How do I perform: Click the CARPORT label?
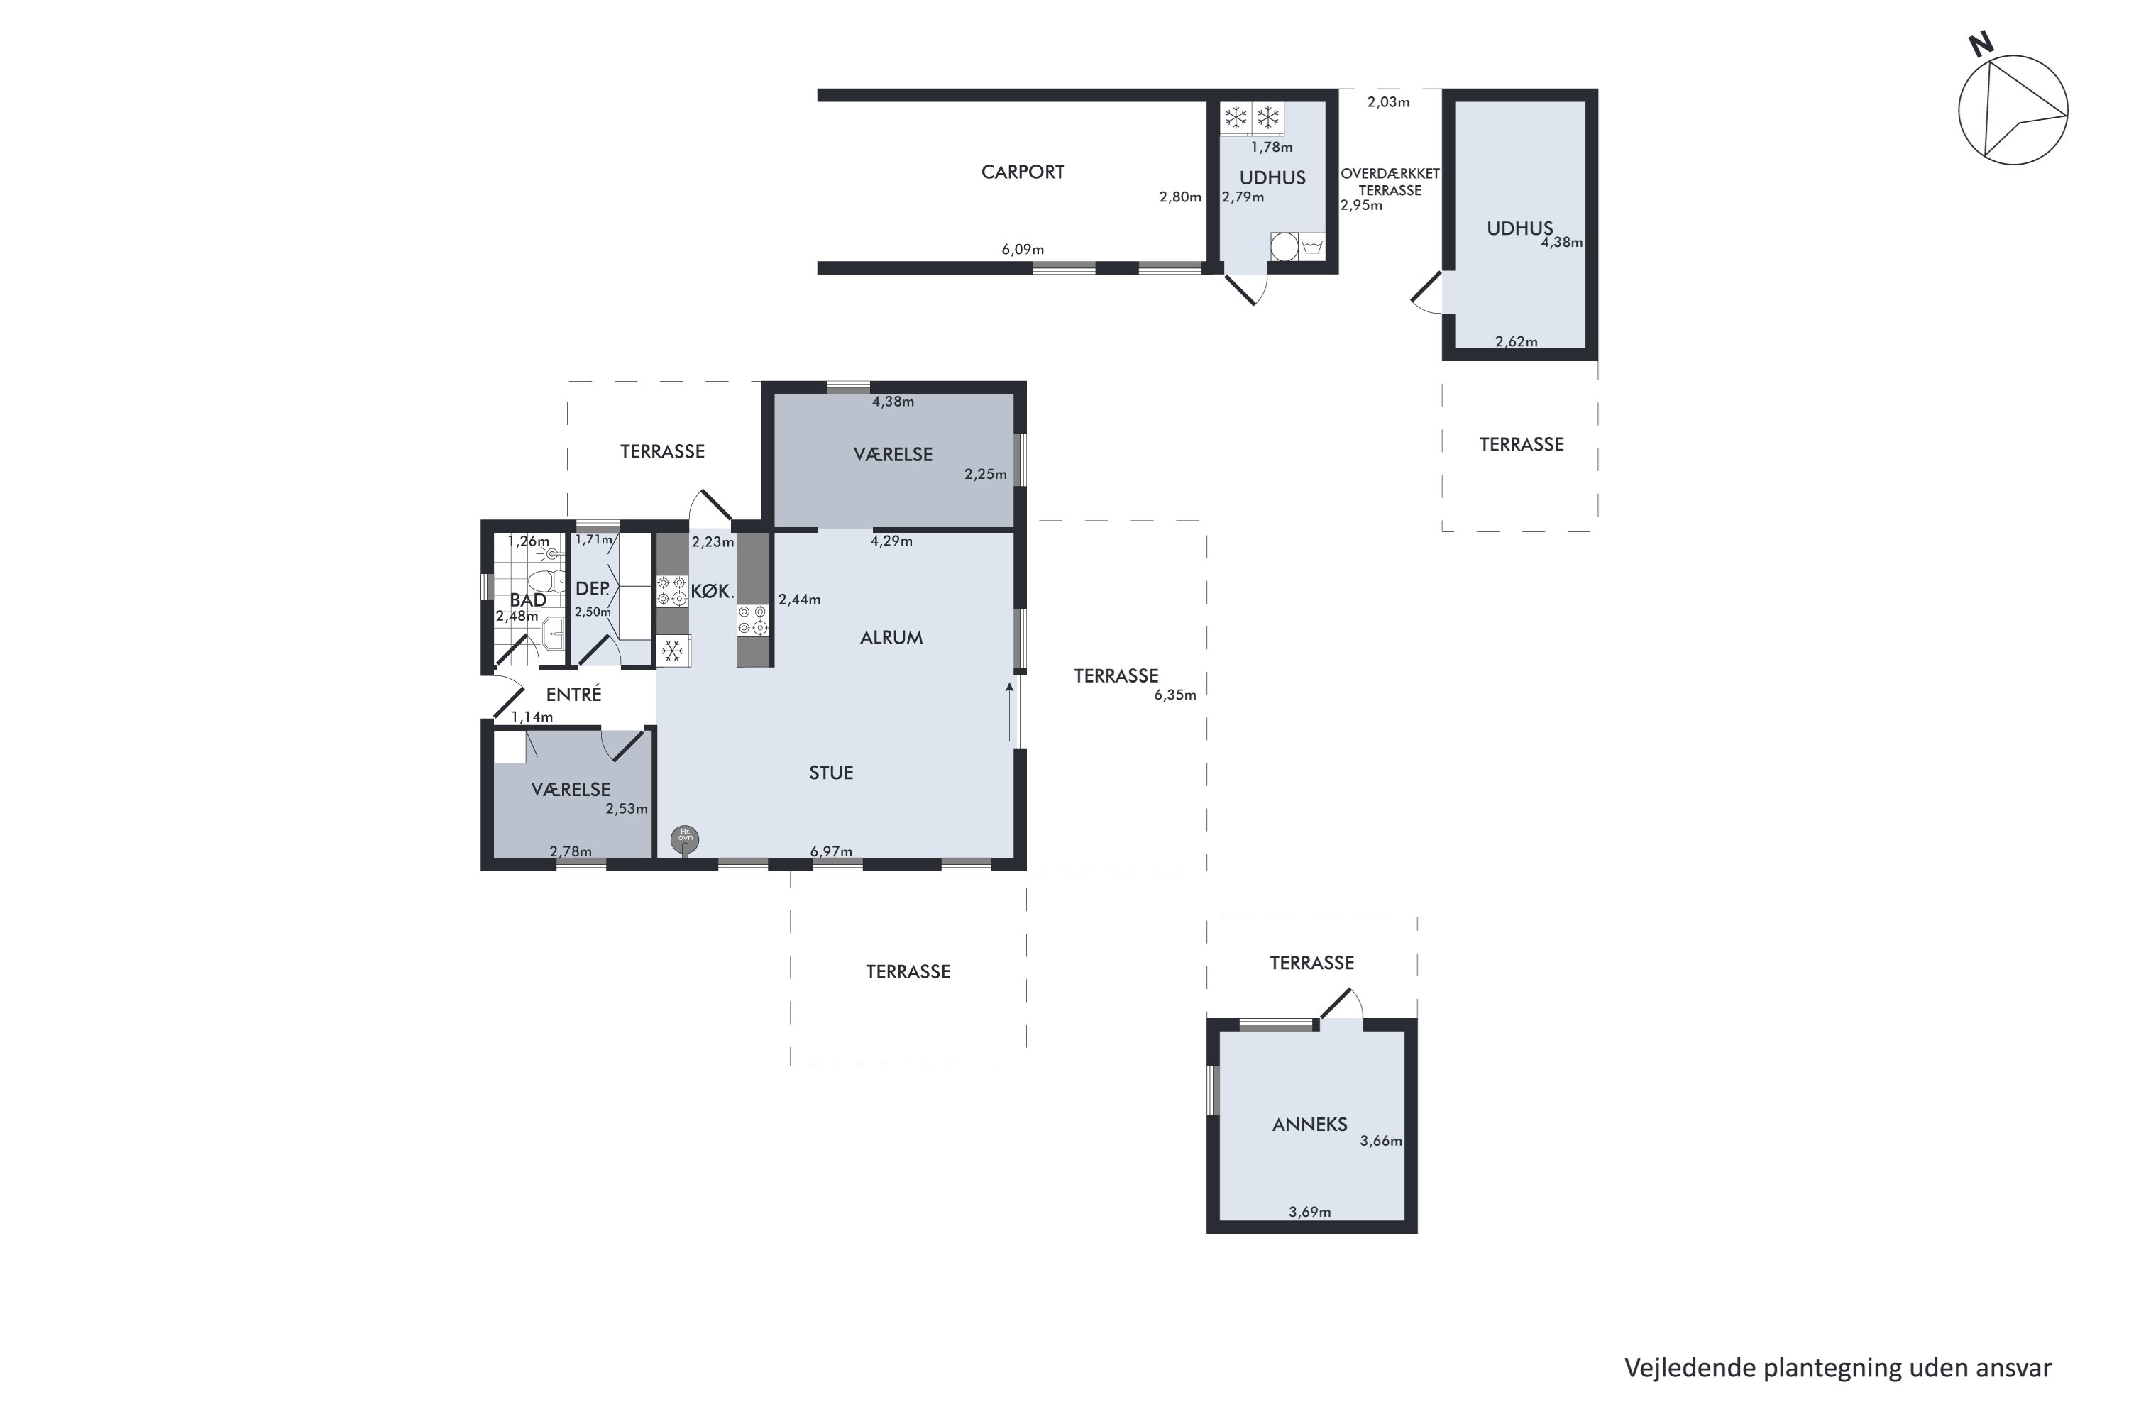tap(1022, 172)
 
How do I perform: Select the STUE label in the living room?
tap(831, 773)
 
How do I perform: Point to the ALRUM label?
tap(891, 638)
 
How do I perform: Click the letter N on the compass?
tap(1981, 44)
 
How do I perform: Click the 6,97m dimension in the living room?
tap(831, 851)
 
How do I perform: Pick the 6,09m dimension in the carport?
tap(1022, 250)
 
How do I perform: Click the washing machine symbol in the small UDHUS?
tap(1284, 246)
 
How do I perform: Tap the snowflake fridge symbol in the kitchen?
tap(671, 651)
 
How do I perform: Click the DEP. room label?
tap(592, 589)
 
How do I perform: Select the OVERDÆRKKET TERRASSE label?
tap(1390, 182)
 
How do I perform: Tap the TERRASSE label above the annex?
tap(1311, 963)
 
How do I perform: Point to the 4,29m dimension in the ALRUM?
tap(891, 541)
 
